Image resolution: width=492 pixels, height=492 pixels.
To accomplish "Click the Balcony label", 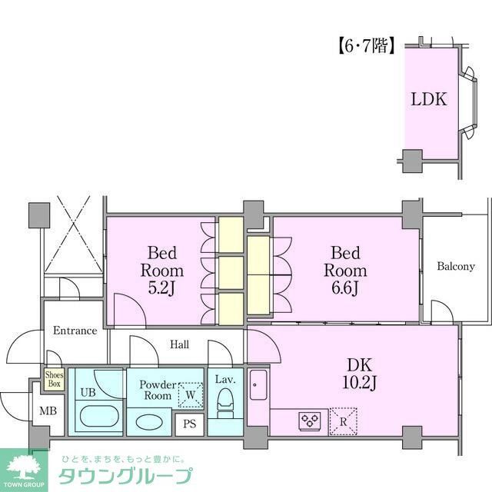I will (456, 267).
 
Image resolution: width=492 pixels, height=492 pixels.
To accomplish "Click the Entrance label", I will (75, 331).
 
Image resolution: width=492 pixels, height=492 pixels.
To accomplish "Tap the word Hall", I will (178, 345).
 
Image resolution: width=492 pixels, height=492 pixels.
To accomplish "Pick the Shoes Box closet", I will (54, 379).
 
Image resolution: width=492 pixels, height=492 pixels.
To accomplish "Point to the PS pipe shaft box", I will (188, 424).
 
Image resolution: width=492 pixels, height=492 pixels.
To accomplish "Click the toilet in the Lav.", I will (225, 401).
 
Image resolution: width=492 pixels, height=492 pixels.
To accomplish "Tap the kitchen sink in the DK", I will (259, 387).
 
